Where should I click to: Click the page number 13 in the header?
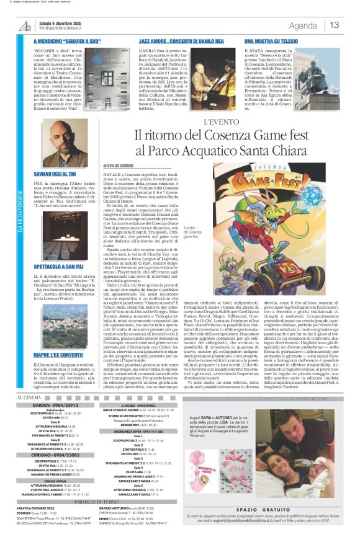click(x=335, y=25)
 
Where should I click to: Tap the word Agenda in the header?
click(x=302, y=25)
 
